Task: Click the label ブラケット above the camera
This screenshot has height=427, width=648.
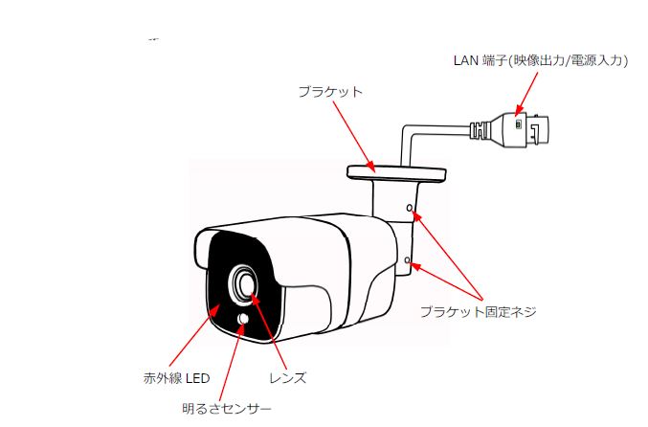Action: [330, 92]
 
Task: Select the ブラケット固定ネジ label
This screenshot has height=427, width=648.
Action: [479, 311]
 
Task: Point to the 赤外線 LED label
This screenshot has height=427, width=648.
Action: [176, 378]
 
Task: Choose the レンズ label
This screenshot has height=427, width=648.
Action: [288, 378]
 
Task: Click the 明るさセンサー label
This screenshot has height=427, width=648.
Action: [227, 409]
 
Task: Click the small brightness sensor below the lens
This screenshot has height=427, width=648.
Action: [243, 319]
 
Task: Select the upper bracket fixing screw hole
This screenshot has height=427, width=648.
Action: [410, 208]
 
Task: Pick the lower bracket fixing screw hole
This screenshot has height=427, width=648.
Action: [408, 260]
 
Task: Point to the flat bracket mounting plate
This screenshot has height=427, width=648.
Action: [396, 173]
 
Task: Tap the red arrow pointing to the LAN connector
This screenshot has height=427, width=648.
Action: [526, 94]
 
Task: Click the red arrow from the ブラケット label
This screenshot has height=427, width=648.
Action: [354, 136]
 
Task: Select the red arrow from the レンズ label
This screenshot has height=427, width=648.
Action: [269, 330]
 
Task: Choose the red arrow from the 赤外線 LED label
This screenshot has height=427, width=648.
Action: [195, 335]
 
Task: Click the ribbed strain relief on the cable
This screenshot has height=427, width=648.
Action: [480, 129]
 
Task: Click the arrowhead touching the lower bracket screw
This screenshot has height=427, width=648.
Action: [416, 266]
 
